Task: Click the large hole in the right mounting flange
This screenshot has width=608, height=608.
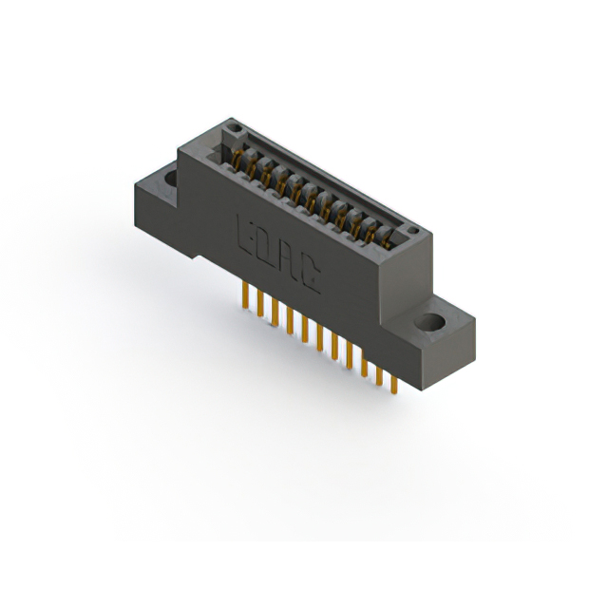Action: pos(432,323)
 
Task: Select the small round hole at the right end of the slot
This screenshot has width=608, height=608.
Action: pos(411,230)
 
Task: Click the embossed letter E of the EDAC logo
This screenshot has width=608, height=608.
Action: pos(244,233)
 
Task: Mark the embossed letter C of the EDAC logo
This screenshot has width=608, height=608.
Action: pos(310,276)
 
